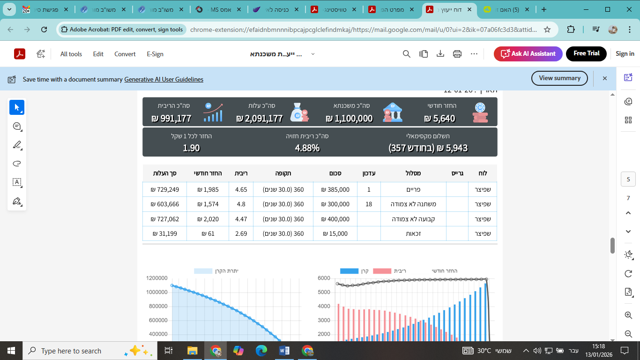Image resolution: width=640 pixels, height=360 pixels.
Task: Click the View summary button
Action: click(559, 78)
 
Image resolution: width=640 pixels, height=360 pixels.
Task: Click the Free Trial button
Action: click(586, 53)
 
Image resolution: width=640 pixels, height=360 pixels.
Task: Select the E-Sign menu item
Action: click(155, 54)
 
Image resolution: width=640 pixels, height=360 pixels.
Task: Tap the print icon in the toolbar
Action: click(457, 54)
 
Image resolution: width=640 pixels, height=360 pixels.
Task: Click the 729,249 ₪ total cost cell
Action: click(164, 189)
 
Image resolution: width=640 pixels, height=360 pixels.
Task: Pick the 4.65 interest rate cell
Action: click(241, 189)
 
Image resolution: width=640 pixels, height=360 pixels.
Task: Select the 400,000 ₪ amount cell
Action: click(335, 219)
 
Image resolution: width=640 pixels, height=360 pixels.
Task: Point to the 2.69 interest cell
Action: click(241, 233)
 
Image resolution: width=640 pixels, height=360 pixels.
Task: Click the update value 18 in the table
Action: click(369, 204)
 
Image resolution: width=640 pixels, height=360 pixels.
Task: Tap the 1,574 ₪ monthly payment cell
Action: click(208, 204)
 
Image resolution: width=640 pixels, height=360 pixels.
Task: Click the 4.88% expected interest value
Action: click(307, 148)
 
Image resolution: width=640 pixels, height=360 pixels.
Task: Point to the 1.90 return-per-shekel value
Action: click(191, 148)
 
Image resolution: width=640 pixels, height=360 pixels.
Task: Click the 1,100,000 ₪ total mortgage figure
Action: click(349, 119)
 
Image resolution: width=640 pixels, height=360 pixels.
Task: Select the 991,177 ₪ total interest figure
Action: click(171, 119)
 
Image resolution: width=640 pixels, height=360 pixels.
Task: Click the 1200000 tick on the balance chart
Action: click(157, 278)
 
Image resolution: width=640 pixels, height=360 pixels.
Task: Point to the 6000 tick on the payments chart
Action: click(324, 278)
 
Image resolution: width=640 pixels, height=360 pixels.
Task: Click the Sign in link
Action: click(625, 54)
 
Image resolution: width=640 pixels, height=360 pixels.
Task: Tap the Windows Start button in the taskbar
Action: click(11, 351)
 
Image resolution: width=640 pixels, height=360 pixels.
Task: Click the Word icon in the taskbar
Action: click(284, 351)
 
